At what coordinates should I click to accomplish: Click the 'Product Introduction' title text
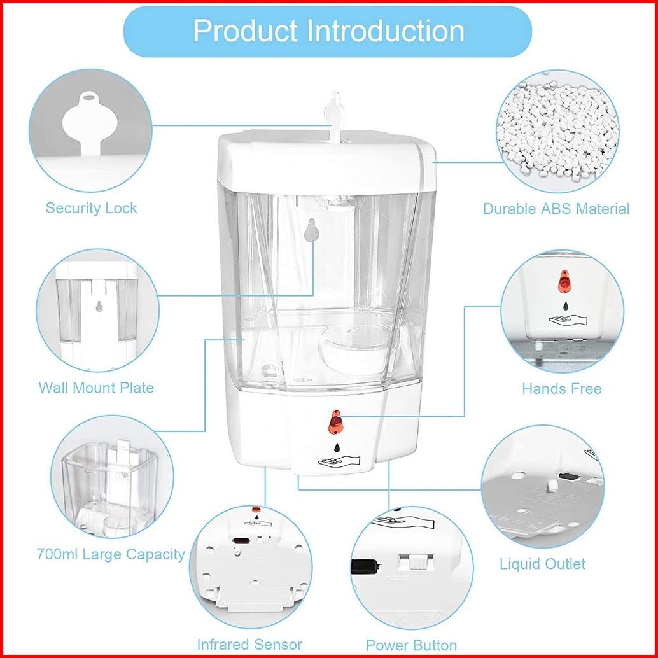(328, 31)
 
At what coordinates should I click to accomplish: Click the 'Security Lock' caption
(91, 208)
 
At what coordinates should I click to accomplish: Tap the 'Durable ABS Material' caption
(556, 209)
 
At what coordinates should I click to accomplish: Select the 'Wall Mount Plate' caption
(96, 388)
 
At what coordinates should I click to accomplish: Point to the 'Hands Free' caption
(561, 388)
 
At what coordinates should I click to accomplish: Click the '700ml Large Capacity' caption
(111, 554)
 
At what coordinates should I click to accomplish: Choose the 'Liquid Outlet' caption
(542, 564)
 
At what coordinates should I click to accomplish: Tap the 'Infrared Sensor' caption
(249, 644)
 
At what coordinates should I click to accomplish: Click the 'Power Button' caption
(411, 645)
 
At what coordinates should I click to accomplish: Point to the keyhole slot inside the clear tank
(311, 230)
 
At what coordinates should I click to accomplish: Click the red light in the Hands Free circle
(564, 284)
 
